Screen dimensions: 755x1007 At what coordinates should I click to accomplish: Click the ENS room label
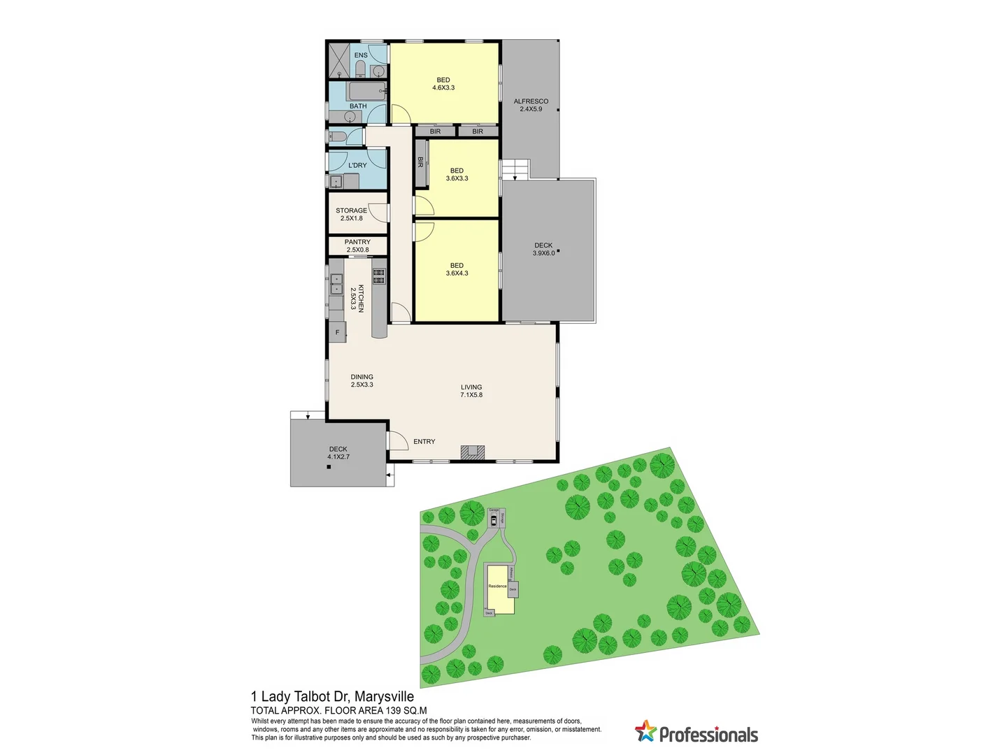361,55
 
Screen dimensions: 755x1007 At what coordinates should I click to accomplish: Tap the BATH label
358,106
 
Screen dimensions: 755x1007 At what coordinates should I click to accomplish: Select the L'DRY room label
357,166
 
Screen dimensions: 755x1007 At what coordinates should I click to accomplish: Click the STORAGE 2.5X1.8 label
351,214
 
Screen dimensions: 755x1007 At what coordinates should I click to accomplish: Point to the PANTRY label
357,242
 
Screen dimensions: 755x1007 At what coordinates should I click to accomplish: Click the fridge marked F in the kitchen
338,332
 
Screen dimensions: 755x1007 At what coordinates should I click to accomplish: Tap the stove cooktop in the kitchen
378,276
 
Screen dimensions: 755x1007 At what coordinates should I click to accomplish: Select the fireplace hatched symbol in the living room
472,452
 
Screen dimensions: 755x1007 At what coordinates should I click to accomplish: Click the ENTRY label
424,442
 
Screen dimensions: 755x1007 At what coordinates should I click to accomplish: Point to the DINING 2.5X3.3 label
362,380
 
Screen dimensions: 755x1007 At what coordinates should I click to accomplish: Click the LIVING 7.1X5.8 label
471,391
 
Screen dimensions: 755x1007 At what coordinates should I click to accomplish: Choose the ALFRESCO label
531,101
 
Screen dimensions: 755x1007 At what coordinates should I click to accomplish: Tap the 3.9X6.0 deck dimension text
543,253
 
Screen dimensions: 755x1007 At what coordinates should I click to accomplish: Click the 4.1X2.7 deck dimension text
338,457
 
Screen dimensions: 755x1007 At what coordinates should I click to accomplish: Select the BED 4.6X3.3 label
443,84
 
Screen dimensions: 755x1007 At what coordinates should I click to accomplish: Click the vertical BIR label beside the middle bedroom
421,162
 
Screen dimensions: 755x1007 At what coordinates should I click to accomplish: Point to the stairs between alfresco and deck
515,168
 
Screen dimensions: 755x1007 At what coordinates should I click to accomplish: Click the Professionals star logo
645,731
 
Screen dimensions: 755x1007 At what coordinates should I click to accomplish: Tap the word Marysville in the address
384,697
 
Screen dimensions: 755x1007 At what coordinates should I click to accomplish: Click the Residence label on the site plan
497,586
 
